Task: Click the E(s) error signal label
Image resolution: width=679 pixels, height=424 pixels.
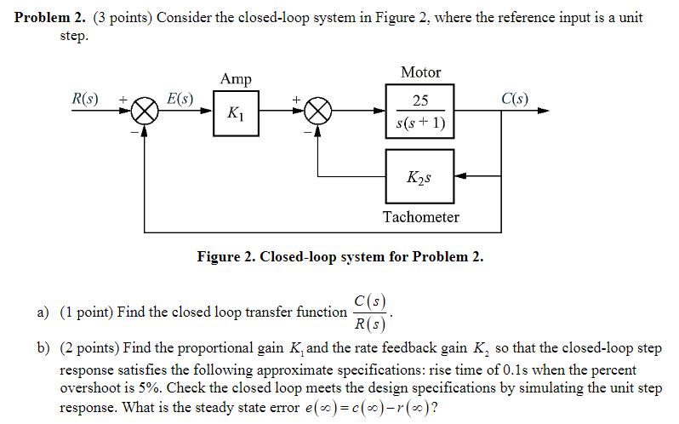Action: [179, 98]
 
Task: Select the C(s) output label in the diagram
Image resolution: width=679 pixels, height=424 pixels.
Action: [513, 98]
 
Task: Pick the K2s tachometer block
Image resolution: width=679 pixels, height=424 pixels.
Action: [419, 177]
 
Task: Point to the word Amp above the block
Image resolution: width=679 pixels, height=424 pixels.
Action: [236, 79]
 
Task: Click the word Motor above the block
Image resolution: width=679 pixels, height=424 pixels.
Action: [420, 72]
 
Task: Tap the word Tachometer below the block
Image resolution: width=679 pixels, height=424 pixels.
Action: [420, 217]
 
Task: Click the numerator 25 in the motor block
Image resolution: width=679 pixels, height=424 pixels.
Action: [420, 100]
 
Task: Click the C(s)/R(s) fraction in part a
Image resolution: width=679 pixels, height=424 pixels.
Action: [370, 312]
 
